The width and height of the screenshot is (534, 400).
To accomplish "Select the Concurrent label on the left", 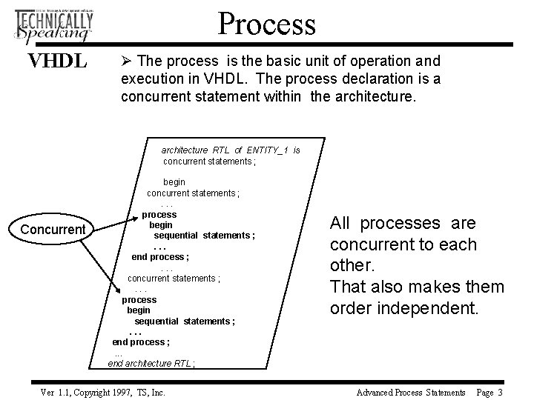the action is pyautogui.click(x=53, y=229).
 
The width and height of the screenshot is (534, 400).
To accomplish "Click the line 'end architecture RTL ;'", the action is pyautogui.click(x=152, y=363).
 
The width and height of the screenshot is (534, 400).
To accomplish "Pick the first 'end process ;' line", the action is pyautogui.click(x=160, y=257).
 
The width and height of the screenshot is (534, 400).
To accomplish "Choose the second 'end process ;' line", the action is pyautogui.click(x=141, y=342).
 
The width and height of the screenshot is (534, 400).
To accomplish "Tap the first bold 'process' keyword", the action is pyautogui.click(x=159, y=215).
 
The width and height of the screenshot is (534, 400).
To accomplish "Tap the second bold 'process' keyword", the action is pyautogui.click(x=139, y=300).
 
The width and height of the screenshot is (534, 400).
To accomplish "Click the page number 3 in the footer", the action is pyautogui.click(x=501, y=392).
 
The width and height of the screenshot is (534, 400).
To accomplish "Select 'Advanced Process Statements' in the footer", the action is pyautogui.click(x=411, y=392).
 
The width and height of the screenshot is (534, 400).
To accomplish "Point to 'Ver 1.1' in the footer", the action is pyautogui.click(x=53, y=392).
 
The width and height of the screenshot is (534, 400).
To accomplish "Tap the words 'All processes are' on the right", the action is pyautogui.click(x=413, y=223).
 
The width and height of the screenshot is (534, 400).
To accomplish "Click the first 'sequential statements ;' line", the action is pyautogui.click(x=204, y=236).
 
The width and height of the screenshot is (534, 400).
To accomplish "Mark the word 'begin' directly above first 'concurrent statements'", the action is pyautogui.click(x=174, y=181).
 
